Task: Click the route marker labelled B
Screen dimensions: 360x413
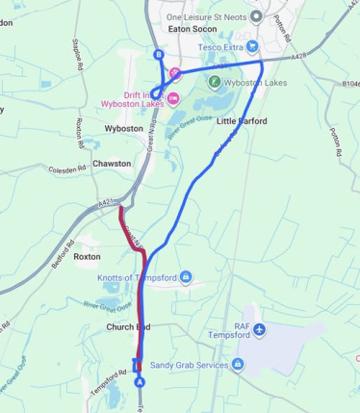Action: (158, 56)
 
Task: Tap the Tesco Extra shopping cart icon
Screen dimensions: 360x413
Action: (251, 45)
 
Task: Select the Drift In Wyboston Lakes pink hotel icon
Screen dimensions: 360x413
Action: (173, 98)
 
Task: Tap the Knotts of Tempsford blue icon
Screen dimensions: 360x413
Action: (187, 277)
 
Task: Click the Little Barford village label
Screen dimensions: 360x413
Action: (242, 121)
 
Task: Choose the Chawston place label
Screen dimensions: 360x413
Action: (113, 164)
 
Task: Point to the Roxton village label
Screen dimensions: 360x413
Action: (87, 257)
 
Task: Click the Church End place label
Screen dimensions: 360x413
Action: (128, 327)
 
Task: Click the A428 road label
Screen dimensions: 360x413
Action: (299, 59)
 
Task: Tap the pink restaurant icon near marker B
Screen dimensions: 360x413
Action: (175, 73)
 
